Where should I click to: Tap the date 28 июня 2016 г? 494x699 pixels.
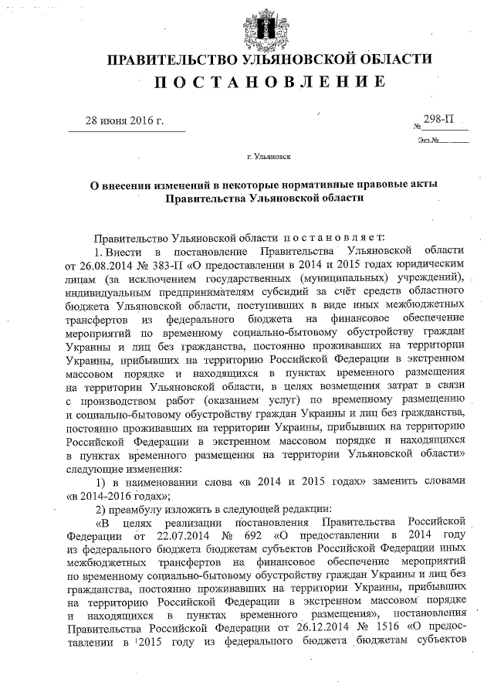click(125, 120)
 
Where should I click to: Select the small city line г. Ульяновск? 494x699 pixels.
click(268, 157)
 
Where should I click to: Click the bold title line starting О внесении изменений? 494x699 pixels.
click(266, 184)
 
